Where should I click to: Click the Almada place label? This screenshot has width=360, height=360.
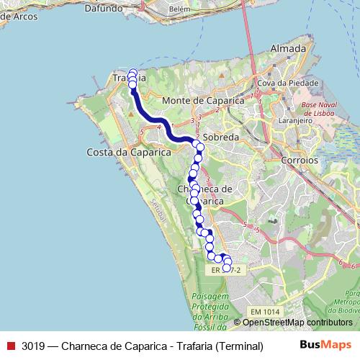point(289,48)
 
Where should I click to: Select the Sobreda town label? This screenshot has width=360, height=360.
point(220,136)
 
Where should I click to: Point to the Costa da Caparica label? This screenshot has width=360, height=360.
point(128,153)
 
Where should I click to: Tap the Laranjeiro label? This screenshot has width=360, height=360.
point(297,121)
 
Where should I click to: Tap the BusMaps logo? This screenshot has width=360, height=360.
point(325,346)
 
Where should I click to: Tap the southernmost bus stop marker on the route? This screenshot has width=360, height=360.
point(226,269)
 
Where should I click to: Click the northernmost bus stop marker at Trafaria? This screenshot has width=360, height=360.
point(132,73)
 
